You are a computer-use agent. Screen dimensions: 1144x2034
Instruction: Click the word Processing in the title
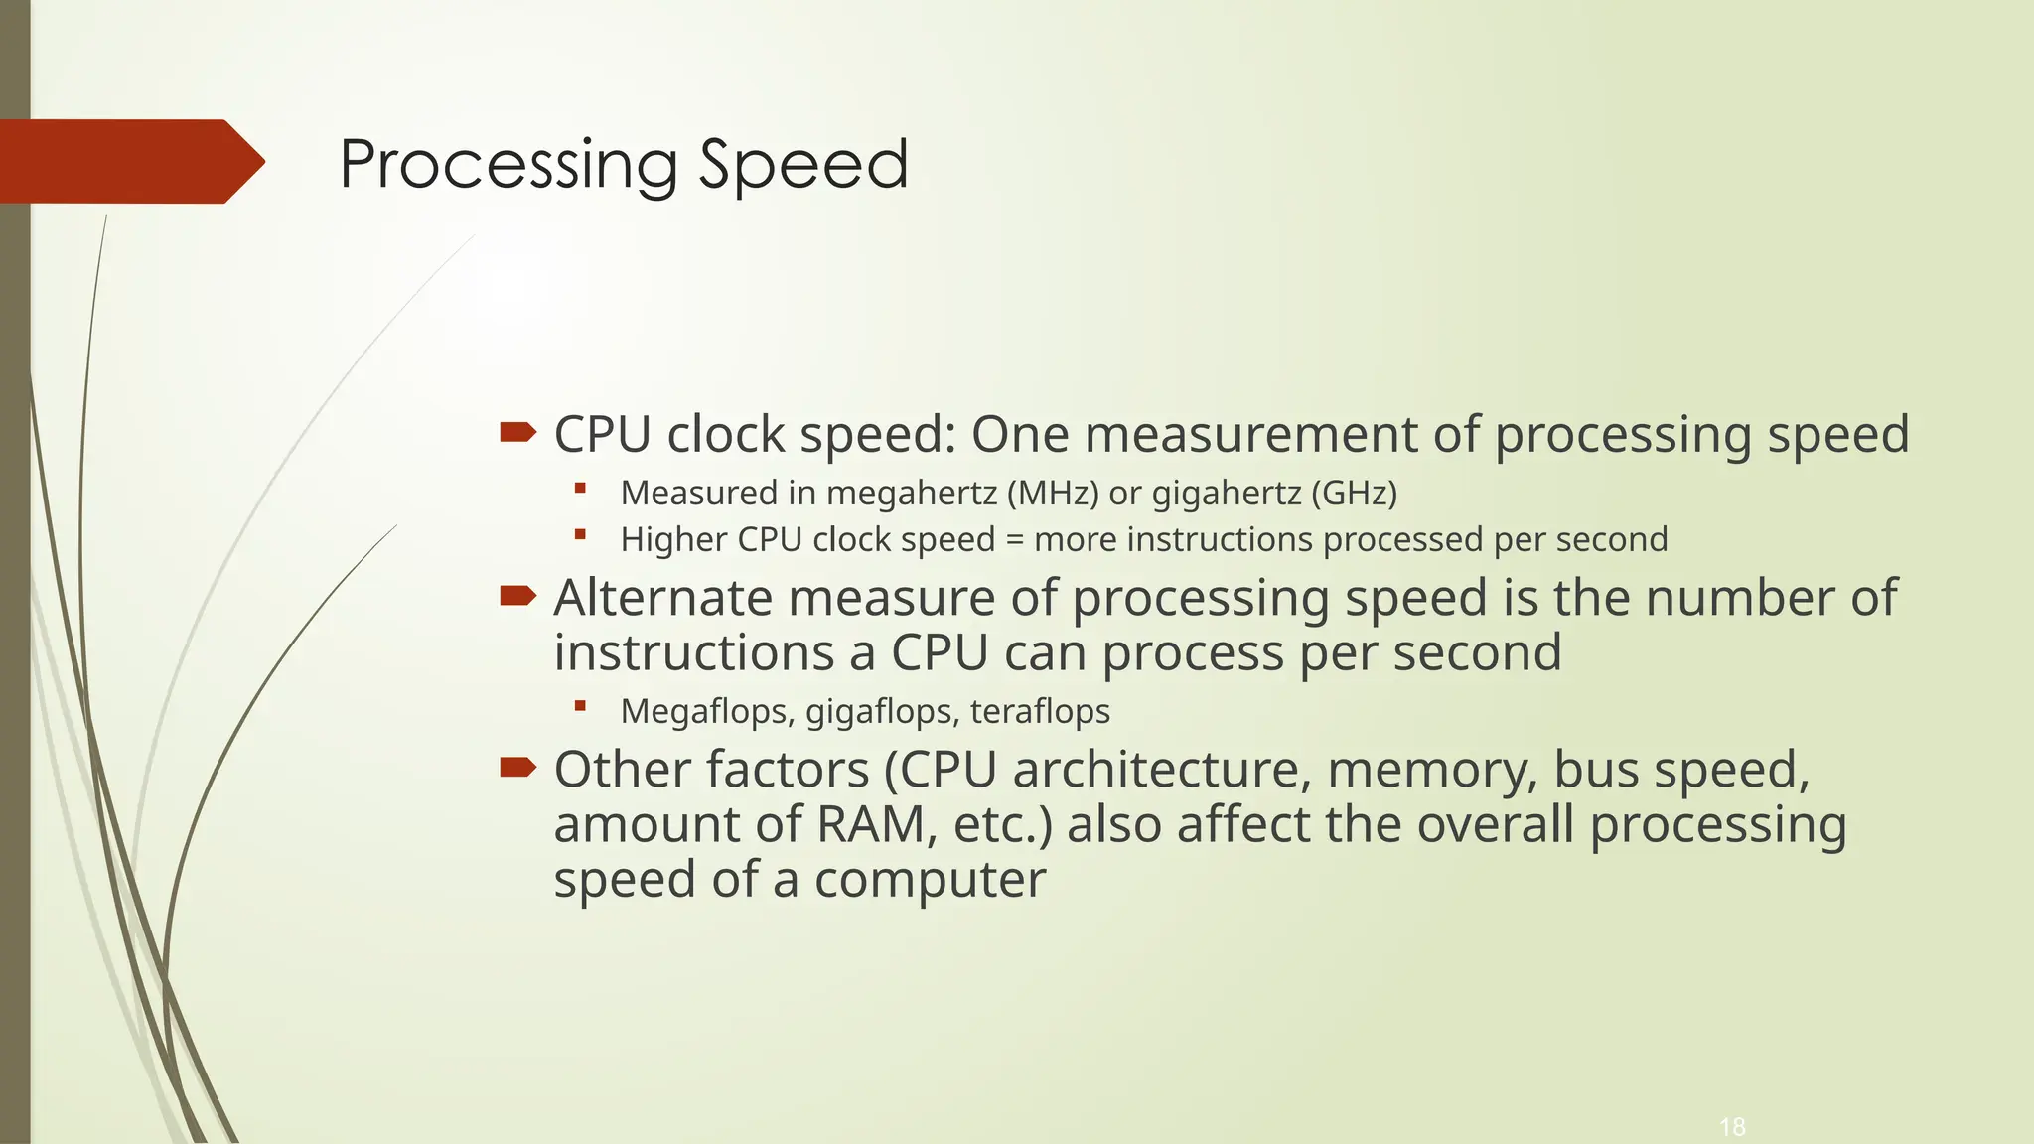[x=508, y=165]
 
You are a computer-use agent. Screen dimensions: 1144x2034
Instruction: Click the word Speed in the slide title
[x=803, y=165]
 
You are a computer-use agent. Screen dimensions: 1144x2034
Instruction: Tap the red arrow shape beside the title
[x=129, y=161]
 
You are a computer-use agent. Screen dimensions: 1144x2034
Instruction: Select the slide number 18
[x=1732, y=1127]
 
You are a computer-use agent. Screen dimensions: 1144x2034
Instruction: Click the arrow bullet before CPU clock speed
[x=517, y=431]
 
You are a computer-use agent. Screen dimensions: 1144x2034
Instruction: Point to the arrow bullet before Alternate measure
[x=517, y=595]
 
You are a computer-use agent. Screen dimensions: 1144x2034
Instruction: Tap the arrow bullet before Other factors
[x=517, y=767]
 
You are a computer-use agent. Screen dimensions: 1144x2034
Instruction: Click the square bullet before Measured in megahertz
[x=581, y=488]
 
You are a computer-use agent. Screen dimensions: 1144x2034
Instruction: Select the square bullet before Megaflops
[x=581, y=706]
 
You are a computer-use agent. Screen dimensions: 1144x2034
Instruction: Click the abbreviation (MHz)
[x=1053, y=493]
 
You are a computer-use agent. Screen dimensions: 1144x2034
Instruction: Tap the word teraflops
[x=1040, y=712]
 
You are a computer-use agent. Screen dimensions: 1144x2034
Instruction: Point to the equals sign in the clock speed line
[x=1014, y=540]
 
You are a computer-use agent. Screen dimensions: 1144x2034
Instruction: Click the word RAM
[x=870, y=825]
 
